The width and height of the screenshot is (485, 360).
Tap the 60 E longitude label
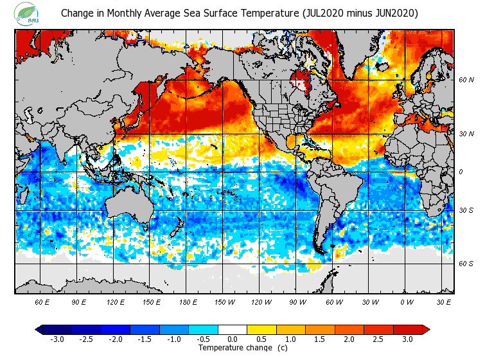(42, 301)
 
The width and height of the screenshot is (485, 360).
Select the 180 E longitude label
(188, 301)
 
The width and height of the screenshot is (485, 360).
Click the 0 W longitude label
(407, 301)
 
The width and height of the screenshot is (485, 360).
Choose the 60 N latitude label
(466, 80)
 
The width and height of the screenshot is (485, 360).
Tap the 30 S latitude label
(466, 211)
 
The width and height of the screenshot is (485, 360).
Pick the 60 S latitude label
(466, 264)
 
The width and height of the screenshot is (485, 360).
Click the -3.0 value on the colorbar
(57, 339)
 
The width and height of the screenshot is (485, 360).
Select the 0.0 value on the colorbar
(233, 339)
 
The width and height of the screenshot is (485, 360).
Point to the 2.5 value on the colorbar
(379, 339)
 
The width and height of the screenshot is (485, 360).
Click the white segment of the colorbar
(233, 329)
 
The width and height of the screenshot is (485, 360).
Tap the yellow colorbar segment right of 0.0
(261, 329)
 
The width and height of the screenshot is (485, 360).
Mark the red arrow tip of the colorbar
(427, 329)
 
